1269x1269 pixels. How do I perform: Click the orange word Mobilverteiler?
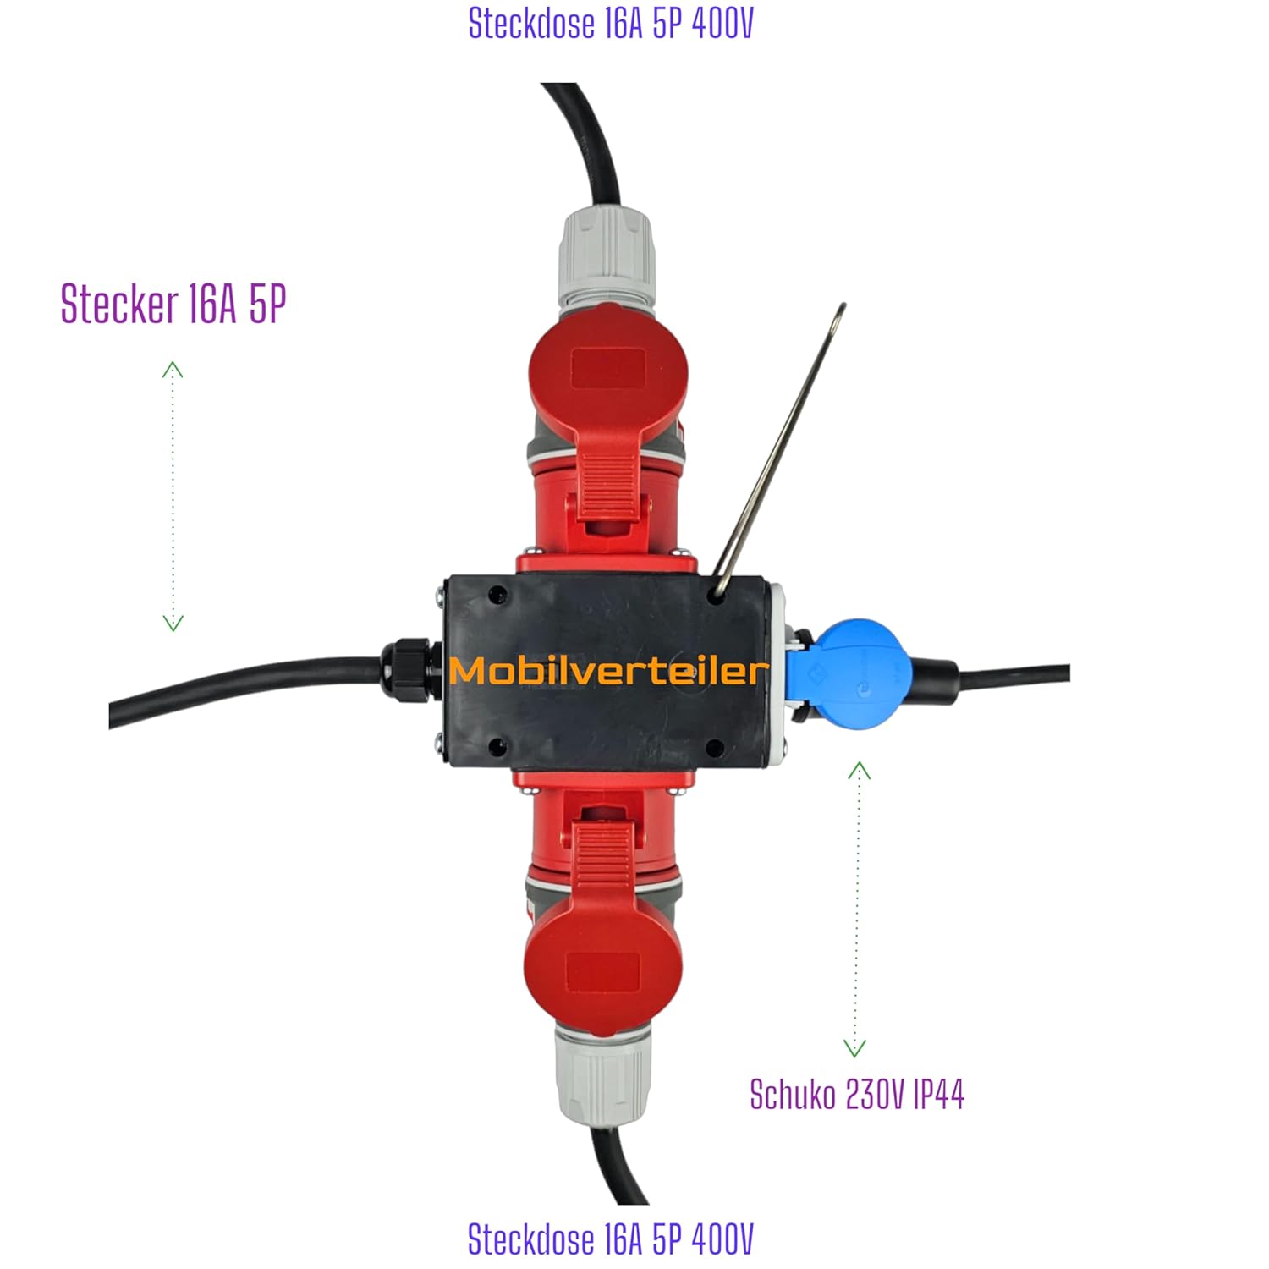click(609, 671)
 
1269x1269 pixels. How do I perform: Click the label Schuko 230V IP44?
click(857, 1095)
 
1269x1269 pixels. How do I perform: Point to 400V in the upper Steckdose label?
click(722, 24)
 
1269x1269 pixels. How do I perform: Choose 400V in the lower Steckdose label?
click(722, 1239)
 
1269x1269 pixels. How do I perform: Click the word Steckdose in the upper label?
click(532, 24)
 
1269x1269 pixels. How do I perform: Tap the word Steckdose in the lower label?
click(532, 1239)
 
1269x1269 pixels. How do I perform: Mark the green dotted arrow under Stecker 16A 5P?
click(173, 496)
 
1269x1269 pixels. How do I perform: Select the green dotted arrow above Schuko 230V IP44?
click(858, 909)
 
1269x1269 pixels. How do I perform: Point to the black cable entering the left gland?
click(245, 689)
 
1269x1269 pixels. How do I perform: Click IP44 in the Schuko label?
click(940, 1095)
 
